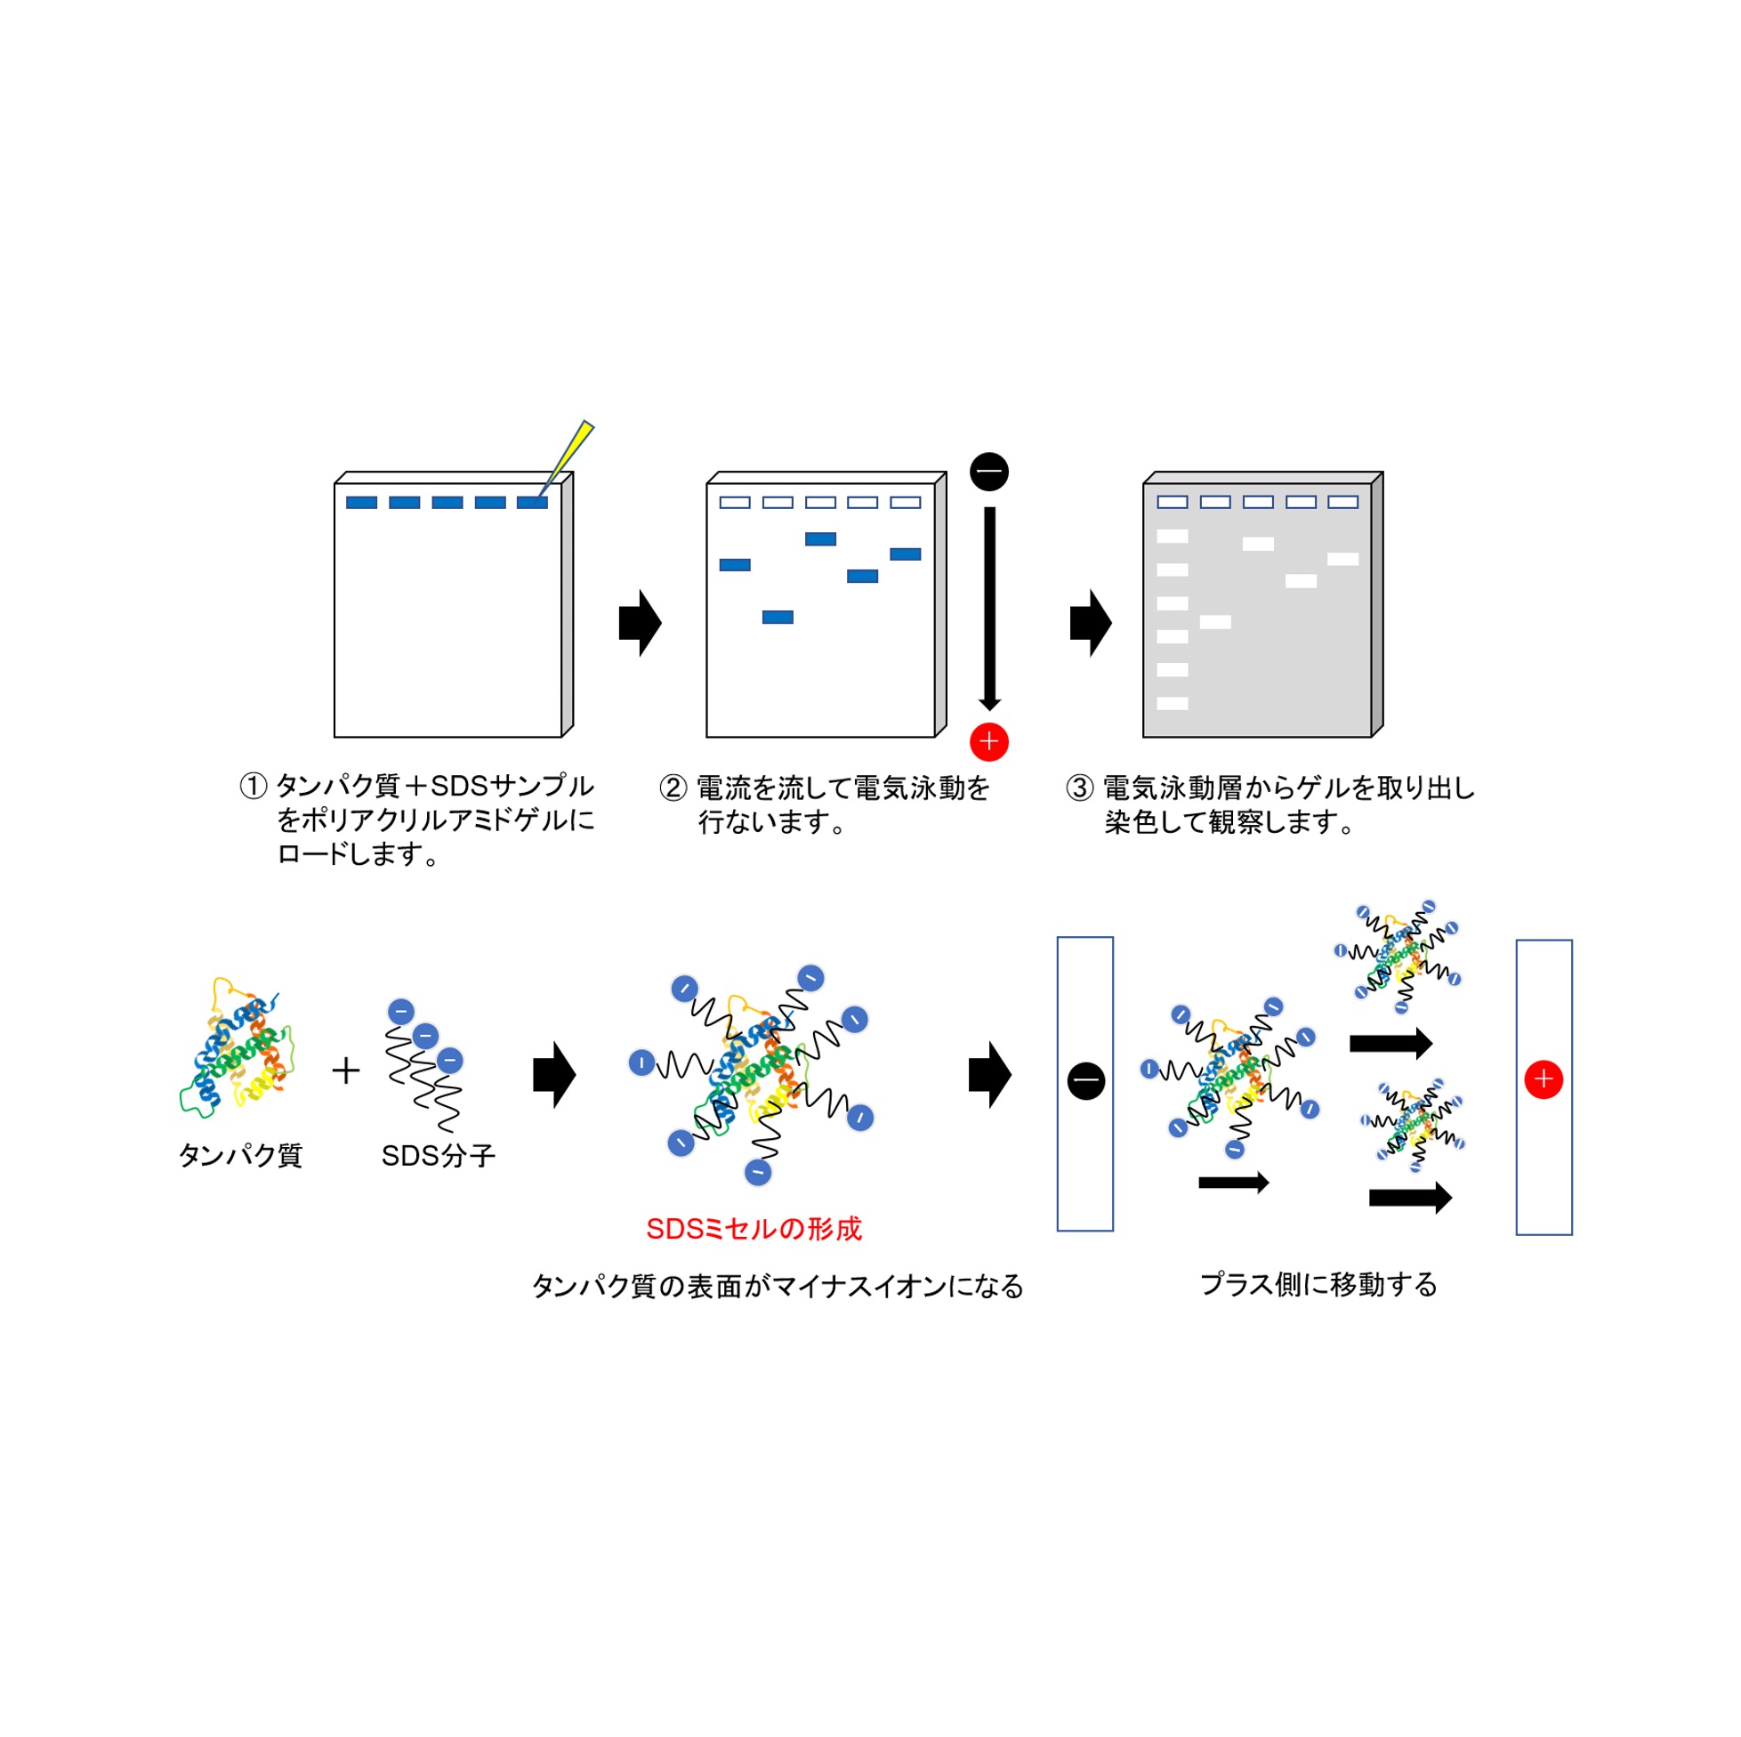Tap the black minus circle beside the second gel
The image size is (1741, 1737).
point(988,472)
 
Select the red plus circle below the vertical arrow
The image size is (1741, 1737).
point(988,742)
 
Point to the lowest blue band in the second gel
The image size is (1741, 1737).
point(778,618)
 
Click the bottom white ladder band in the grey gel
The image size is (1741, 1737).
point(1173,704)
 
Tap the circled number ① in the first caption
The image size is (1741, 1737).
point(254,786)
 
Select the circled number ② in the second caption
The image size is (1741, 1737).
point(673,788)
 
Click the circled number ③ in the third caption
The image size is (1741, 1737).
point(1080,788)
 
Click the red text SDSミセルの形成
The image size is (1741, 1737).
point(754,1229)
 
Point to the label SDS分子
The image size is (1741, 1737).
point(438,1156)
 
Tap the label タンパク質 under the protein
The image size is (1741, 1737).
point(240,1156)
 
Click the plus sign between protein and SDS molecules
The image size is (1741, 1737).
point(346,1070)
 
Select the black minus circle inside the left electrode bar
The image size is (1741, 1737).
point(1086,1081)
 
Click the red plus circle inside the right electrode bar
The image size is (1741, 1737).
point(1544,1079)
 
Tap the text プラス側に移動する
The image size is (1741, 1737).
point(1318,1284)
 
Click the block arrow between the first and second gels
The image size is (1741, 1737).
point(640,623)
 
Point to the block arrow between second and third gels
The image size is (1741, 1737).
point(1091,623)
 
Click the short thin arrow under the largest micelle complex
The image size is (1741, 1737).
point(1234,1183)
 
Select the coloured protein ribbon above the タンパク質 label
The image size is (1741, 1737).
point(237,1050)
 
